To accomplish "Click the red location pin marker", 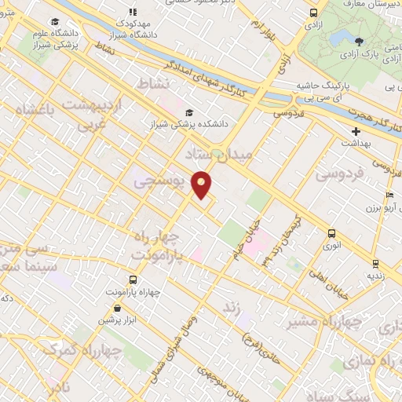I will pyautogui.click(x=203, y=184).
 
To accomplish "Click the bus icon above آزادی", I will pyautogui.click(x=314, y=13).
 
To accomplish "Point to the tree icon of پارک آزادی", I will pyautogui.click(x=360, y=42).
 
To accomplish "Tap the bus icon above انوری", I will pyautogui.click(x=331, y=233).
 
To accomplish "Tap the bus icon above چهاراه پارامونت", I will pyautogui.click(x=131, y=279).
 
